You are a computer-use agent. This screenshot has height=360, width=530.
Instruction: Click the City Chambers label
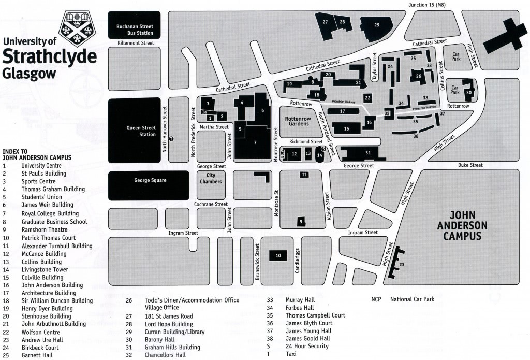pos(211,179)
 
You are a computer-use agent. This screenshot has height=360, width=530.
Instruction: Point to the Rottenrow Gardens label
pos(297,121)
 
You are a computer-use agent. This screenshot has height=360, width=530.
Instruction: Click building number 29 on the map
pos(377,25)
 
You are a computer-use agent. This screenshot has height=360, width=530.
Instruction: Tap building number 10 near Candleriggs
pos(278,256)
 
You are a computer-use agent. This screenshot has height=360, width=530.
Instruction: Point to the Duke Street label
pos(470,165)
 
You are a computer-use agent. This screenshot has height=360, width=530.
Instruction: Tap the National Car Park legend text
pos(412,299)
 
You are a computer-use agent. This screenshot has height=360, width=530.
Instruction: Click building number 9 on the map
pos(301,222)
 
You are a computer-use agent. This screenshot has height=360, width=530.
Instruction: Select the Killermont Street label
pos(136,44)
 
